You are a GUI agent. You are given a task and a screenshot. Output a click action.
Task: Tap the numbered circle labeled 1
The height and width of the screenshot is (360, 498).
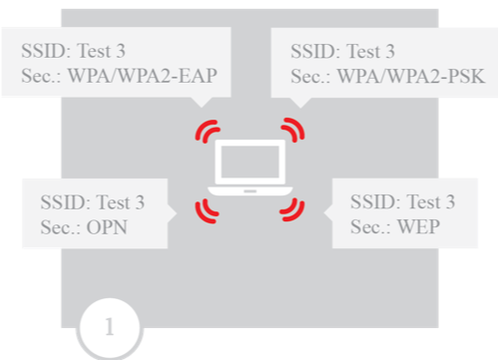110,326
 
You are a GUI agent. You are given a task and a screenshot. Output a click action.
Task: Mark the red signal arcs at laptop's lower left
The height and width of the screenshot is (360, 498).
208,206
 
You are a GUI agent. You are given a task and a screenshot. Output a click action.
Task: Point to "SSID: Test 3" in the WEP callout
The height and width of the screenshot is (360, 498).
403,200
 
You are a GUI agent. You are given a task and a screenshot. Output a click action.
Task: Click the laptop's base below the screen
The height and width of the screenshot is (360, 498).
249,189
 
